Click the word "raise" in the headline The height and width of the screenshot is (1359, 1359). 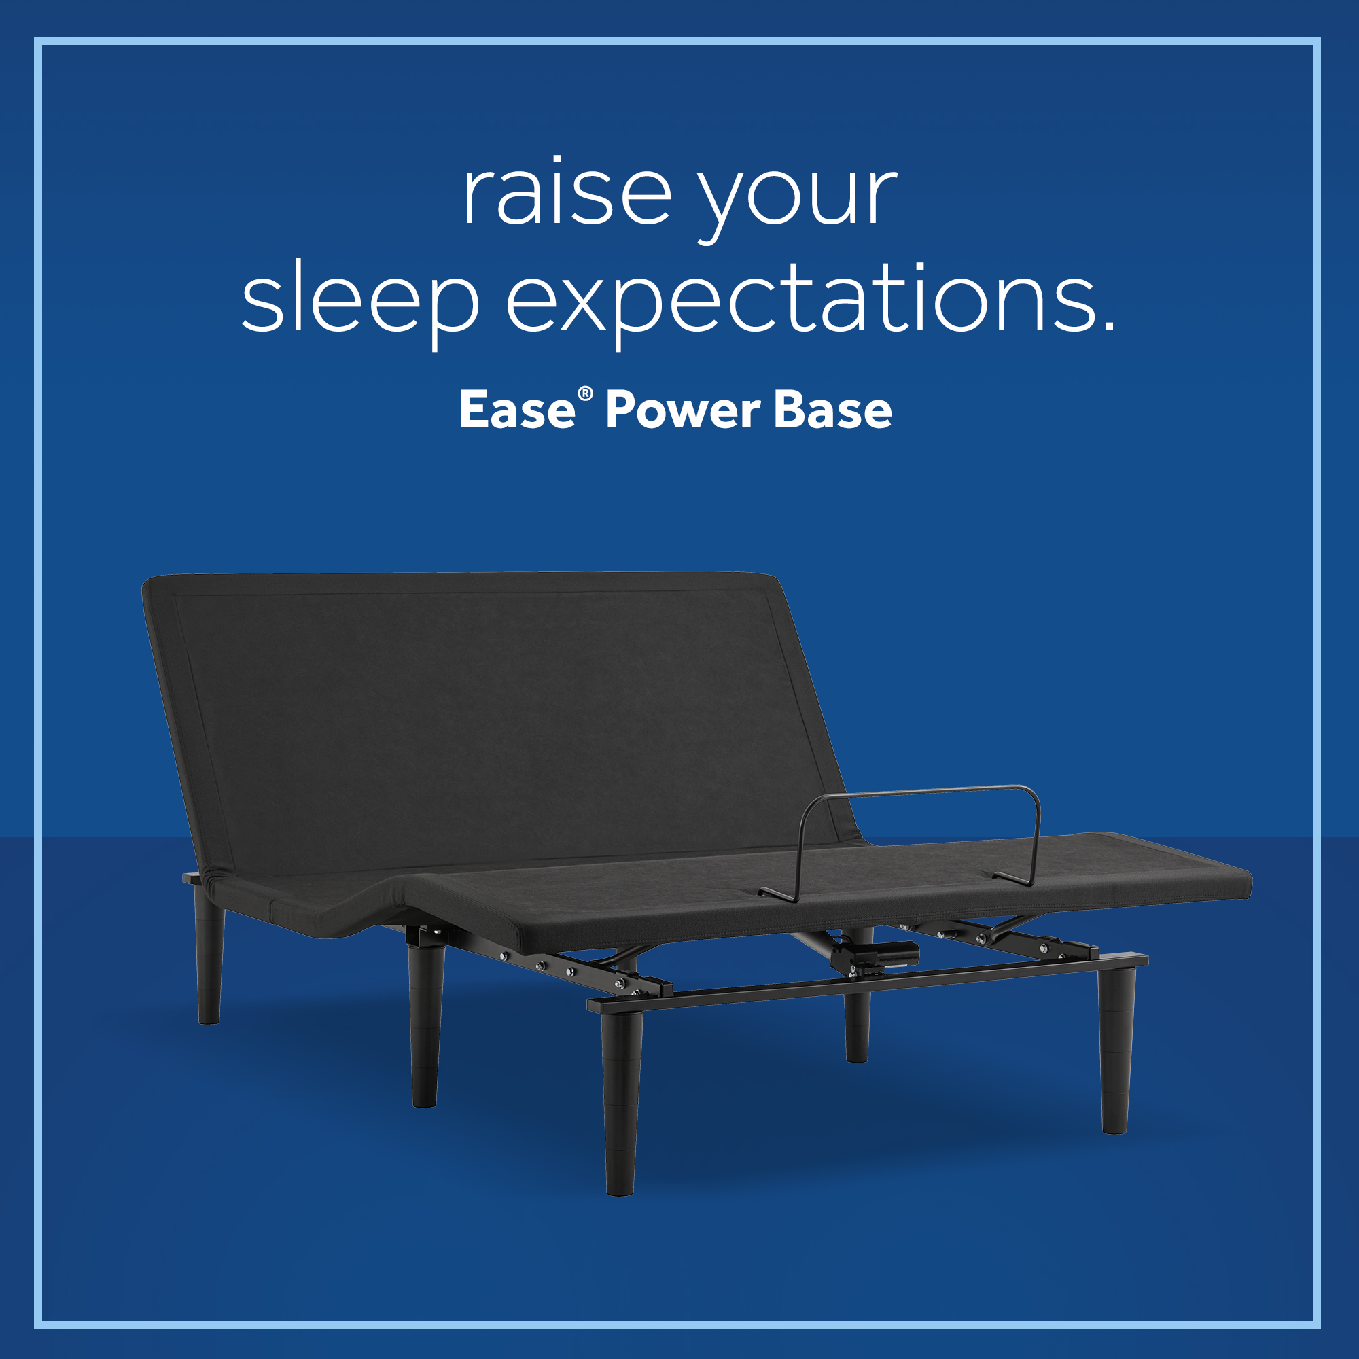[567, 191]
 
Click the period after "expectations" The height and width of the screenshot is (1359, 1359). [1108, 324]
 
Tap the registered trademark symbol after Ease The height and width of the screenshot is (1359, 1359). [584, 394]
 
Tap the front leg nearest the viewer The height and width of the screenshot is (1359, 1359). [621, 1101]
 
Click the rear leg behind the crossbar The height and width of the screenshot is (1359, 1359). [857, 1023]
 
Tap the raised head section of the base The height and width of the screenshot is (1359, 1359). [493, 718]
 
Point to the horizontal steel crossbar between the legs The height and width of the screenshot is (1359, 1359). [868, 983]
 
